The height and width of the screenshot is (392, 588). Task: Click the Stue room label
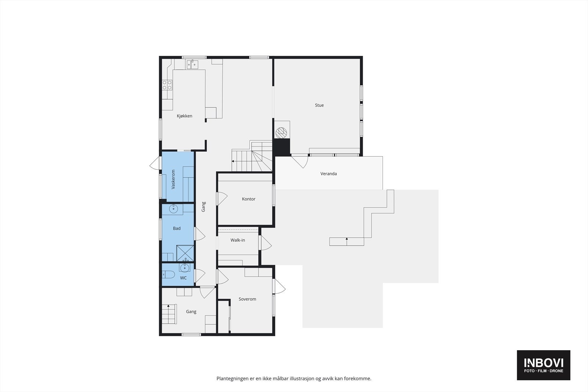click(319, 105)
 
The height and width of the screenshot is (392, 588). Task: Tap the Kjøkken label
click(184, 116)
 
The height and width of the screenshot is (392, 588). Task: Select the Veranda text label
click(328, 174)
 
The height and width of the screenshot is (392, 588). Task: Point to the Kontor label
click(248, 199)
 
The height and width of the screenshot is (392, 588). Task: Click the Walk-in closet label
click(237, 240)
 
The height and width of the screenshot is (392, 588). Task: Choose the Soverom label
click(247, 299)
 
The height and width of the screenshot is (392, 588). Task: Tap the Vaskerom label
click(173, 179)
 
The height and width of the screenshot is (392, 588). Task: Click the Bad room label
click(176, 229)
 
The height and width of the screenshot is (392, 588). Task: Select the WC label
click(183, 278)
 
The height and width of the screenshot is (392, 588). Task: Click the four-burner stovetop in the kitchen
click(167, 85)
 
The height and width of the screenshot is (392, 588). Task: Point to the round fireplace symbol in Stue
click(281, 132)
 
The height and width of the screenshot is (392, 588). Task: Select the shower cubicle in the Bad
click(185, 253)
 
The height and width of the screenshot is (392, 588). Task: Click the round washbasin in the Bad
click(173, 209)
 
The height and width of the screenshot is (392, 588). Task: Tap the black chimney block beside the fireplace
click(282, 146)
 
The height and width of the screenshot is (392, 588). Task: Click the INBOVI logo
click(543, 364)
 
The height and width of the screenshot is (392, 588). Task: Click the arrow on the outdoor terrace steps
click(347, 240)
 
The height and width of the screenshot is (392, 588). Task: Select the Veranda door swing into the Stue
click(301, 161)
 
